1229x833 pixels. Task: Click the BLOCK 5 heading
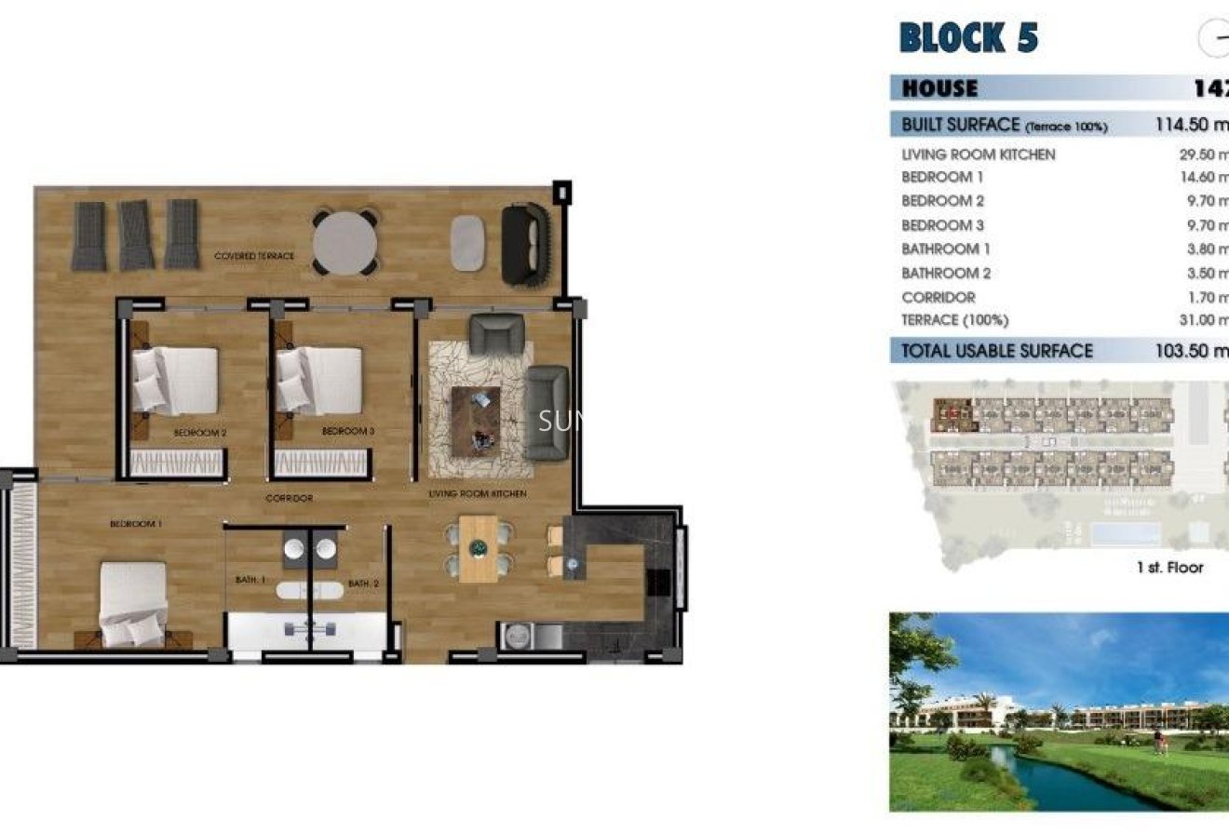(x=968, y=38)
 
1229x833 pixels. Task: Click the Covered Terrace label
(x=254, y=256)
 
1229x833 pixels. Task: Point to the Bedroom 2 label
(x=200, y=433)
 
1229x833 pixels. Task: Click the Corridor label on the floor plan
(x=289, y=499)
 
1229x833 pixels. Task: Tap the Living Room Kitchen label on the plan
(x=478, y=493)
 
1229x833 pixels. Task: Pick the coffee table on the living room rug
(x=476, y=420)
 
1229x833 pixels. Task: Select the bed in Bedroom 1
(x=133, y=603)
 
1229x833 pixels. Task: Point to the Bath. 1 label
(x=250, y=580)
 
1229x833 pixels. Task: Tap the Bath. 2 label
(x=363, y=584)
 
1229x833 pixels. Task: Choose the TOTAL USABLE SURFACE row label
(x=997, y=351)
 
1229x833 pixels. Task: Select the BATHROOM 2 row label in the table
(x=946, y=274)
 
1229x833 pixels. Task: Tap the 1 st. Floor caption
(x=1169, y=568)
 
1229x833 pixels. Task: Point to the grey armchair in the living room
(x=496, y=334)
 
